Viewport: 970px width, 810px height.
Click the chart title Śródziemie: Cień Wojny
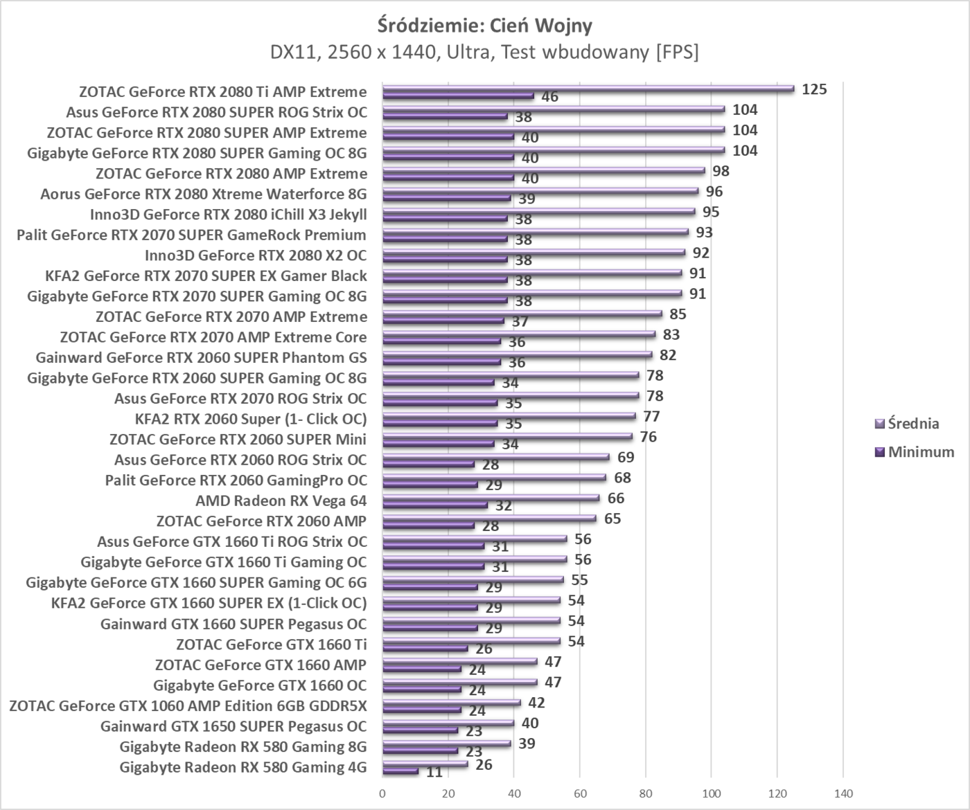[485, 26]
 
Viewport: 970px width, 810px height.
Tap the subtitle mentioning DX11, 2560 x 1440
[485, 52]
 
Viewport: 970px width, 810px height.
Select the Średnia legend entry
[913, 424]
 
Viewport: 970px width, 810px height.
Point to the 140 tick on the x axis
[843, 793]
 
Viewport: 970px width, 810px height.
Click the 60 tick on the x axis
[580, 793]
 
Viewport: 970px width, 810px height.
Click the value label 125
[814, 89]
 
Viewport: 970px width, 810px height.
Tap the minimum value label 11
[434, 772]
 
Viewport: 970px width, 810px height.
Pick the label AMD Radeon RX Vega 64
[281, 501]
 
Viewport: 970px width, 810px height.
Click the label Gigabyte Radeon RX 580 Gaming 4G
[242, 767]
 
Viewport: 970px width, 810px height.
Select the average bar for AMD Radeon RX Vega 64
[491, 498]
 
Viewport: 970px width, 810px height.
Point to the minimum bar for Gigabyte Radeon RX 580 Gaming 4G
[400, 771]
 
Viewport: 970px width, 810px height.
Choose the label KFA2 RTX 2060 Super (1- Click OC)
[251, 419]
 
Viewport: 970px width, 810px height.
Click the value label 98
[721, 171]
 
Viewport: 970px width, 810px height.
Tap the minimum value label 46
[549, 97]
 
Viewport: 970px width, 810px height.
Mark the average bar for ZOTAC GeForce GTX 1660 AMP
[459, 661]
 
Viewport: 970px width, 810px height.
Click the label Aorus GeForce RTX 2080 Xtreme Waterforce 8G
[203, 194]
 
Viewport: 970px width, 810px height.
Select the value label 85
[678, 314]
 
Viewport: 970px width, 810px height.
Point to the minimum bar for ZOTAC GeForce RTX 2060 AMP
[428, 525]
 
